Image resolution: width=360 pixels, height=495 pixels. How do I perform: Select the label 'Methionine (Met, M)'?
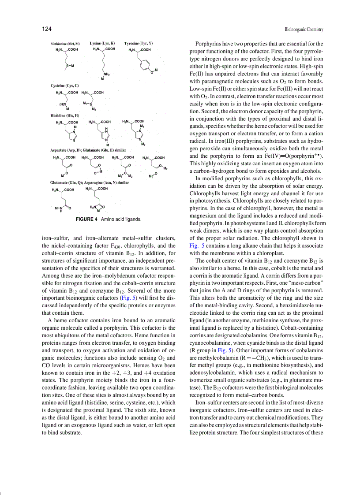click(65, 44)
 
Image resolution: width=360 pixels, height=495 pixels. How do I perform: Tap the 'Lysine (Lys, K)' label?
click(102, 44)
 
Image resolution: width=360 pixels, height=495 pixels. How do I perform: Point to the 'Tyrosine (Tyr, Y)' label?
click(139, 44)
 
